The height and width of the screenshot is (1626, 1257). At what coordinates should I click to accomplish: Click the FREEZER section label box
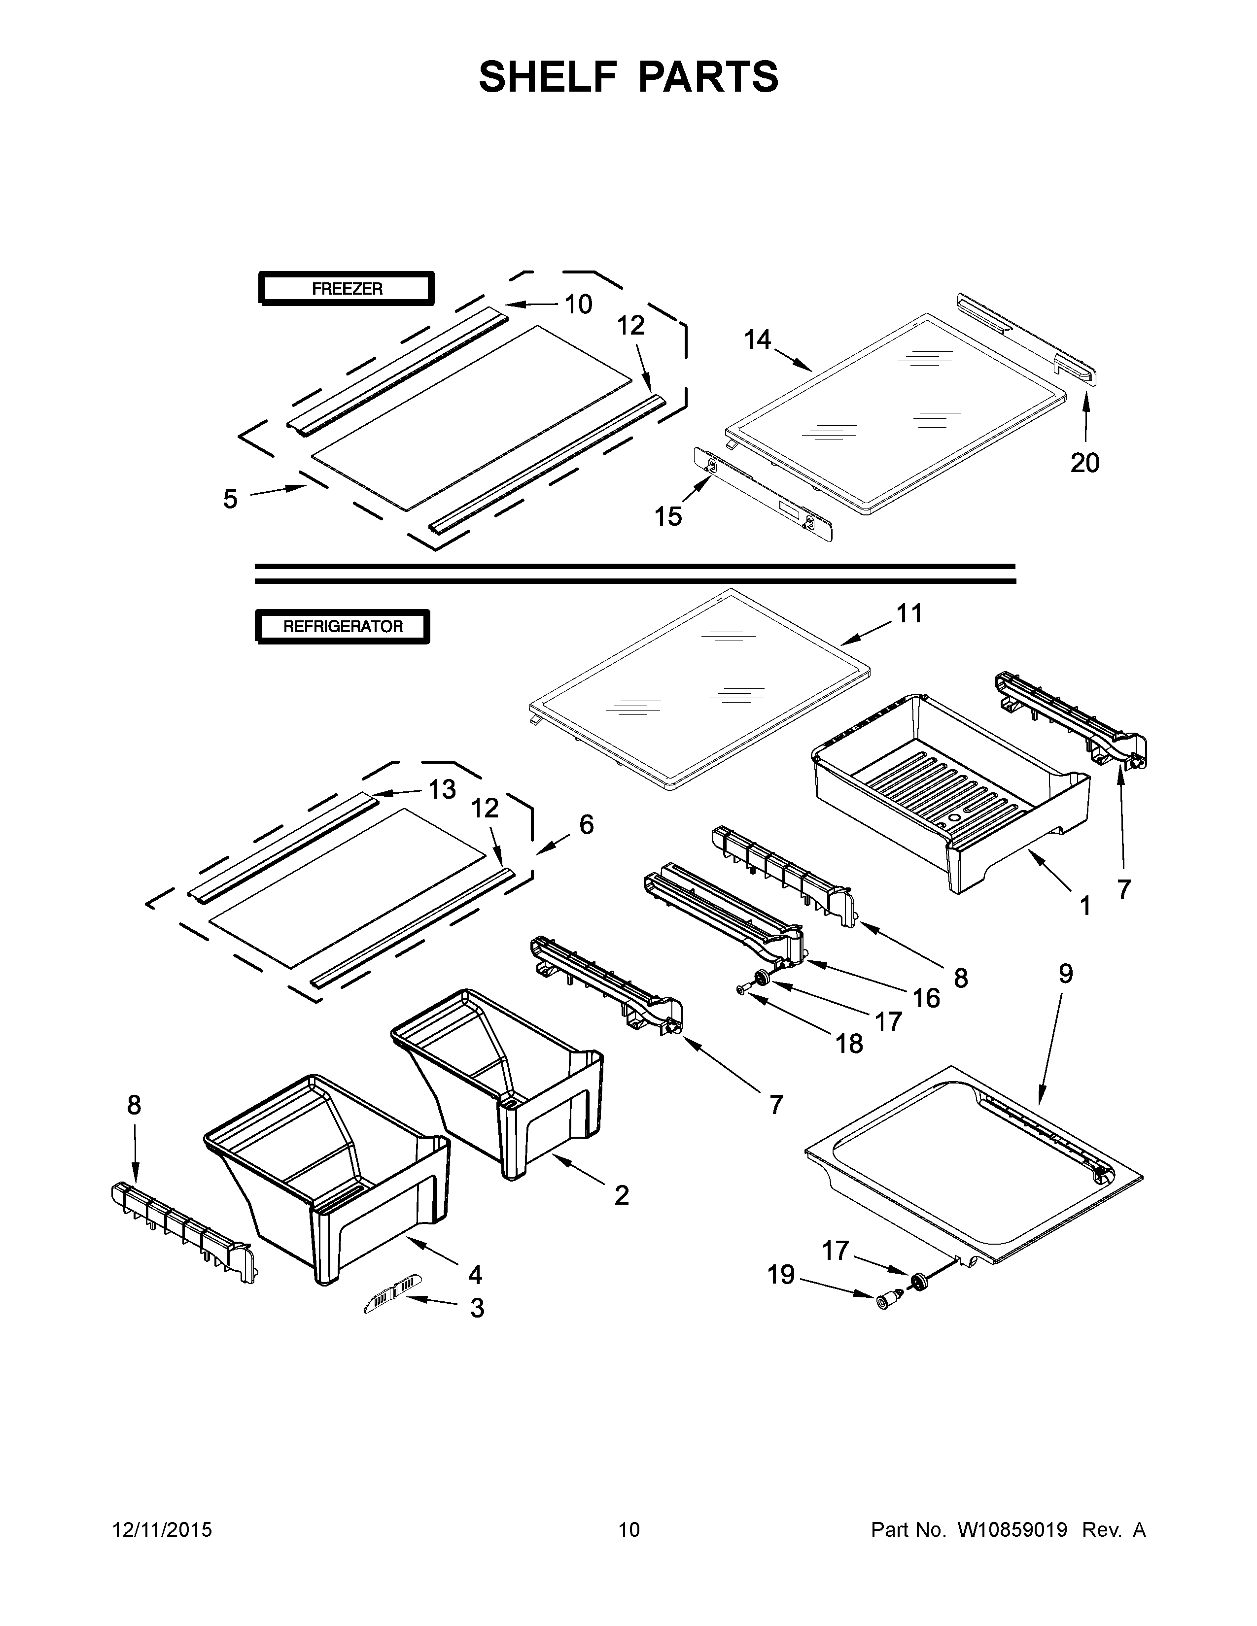(x=346, y=289)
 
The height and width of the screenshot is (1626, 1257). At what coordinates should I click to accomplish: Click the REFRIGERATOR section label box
(x=343, y=626)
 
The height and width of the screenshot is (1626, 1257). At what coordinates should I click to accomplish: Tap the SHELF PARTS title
(x=628, y=77)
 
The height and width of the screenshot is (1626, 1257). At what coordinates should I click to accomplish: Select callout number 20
(x=1084, y=463)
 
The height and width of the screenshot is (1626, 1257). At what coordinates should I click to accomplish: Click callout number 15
(x=668, y=516)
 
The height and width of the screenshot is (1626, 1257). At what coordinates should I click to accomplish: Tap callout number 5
(x=230, y=499)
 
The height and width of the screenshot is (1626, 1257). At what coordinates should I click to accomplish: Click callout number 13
(x=442, y=789)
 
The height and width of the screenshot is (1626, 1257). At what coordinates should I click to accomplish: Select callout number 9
(x=1066, y=974)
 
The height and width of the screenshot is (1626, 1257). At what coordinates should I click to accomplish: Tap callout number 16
(x=926, y=998)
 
